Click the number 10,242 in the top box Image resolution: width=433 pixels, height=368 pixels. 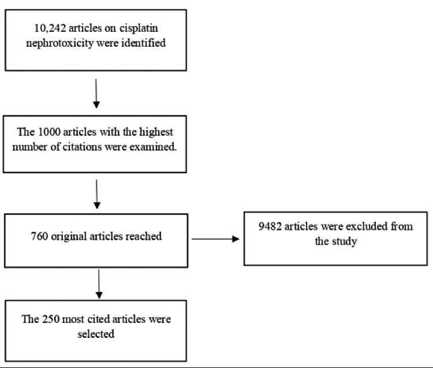[50, 28]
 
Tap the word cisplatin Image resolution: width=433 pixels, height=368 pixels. [139, 28]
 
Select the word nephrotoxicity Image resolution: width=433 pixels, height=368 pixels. [59, 43]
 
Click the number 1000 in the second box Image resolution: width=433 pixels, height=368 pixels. [49, 132]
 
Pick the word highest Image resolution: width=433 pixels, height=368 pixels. [156, 132]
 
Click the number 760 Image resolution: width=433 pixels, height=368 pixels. [39, 236]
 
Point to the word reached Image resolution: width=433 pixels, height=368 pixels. [144, 236]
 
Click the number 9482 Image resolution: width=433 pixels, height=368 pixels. [270, 226]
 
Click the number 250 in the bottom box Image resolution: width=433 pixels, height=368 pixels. [51, 319]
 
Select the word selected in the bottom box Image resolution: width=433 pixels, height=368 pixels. [96, 334]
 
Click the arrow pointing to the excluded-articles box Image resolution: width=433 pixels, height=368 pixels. [215, 239]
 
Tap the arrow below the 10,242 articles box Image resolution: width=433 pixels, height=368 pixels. [96, 94]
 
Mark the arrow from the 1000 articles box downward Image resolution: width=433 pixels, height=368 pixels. [96, 194]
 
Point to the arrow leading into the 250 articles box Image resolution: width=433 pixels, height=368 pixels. [99, 284]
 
